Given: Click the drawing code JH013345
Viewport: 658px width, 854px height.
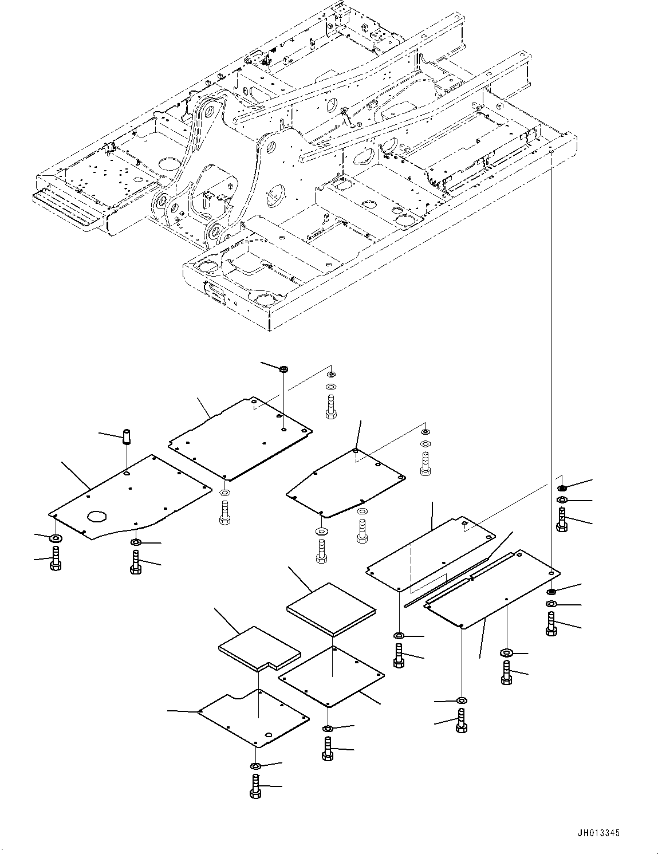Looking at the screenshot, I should pos(598,833).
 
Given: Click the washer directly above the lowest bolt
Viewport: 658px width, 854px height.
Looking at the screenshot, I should pos(255,766).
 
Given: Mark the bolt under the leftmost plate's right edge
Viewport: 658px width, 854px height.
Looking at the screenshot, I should pos(136,562).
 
